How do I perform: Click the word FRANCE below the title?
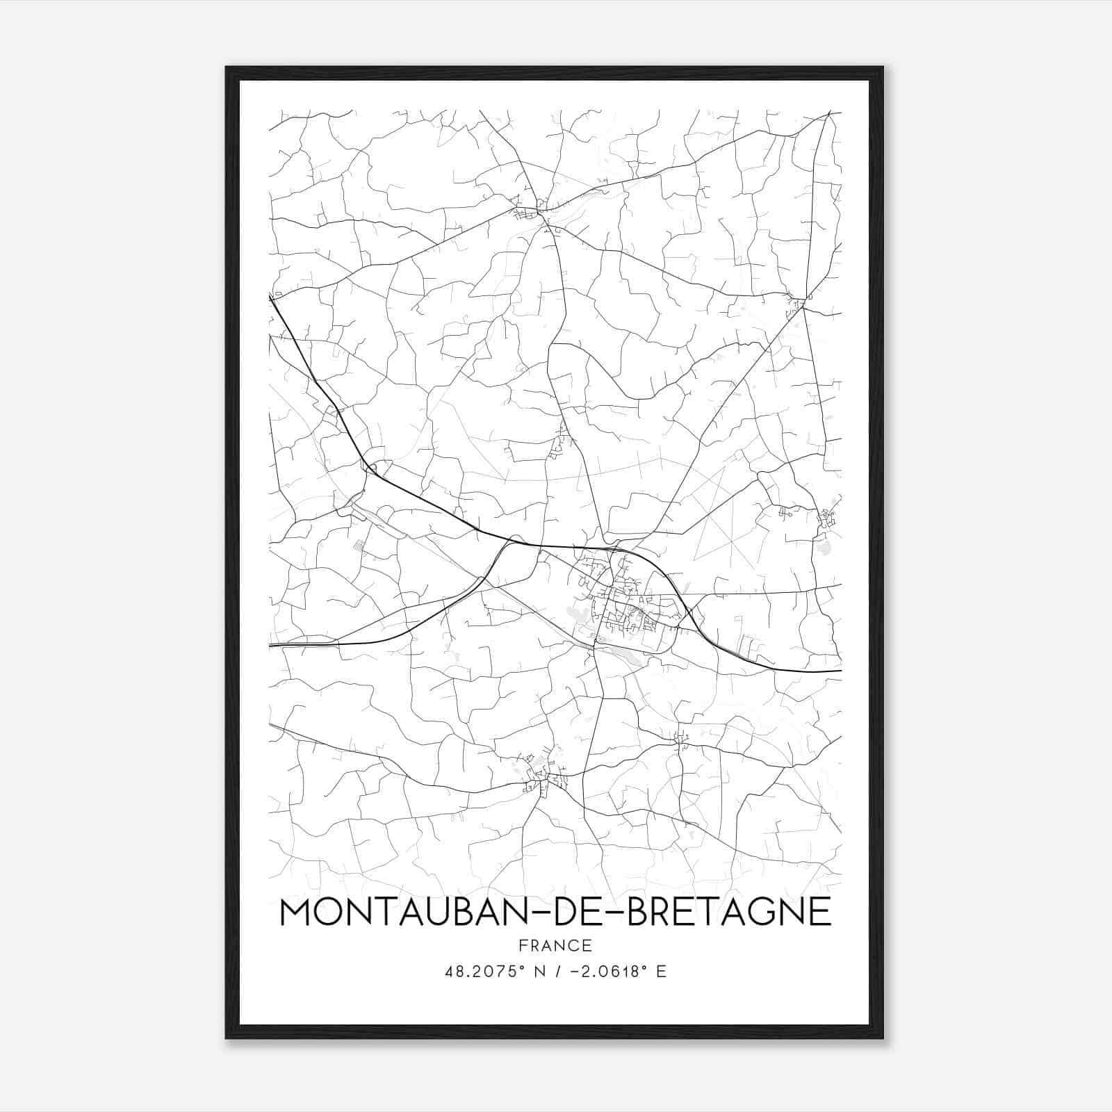pyautogui.click(x=555, y=945)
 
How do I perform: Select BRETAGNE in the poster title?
pyautogui.click(x=729, y=912)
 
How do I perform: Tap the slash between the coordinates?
pyautogui.click(x=557, y=972)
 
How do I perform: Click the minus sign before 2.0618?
pyautogui.click(x=575, y=972)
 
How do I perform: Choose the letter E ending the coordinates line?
pyautogui.click(x=661, y=972)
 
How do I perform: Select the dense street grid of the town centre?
pyautogui.click(x=625, y=605)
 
